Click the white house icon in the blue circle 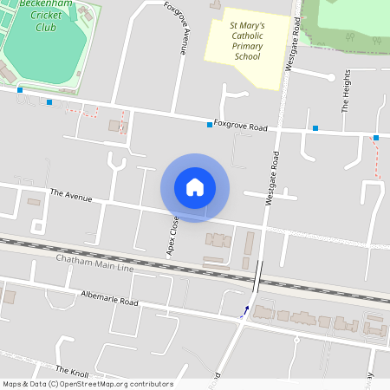pos(195,187)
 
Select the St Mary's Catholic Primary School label pos(246,42)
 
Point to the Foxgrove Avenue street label pos(181,29)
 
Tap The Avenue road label pos(71,195)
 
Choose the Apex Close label pos(173,237)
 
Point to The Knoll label pos(73,370)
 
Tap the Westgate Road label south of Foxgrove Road pos(272,179)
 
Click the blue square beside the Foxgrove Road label pos(210,125)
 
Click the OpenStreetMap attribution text pos(88,384)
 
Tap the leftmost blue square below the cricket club pos(19,89)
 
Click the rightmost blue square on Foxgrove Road pos(376,138)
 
